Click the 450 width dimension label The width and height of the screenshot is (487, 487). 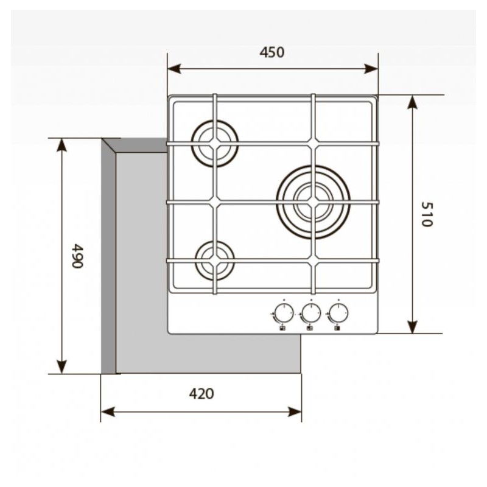272,52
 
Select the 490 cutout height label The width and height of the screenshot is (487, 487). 77,256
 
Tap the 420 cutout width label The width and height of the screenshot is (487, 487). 201,394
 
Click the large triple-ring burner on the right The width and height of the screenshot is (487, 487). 313,201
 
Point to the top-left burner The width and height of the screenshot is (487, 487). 214,144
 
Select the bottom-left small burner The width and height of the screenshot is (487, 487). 214,260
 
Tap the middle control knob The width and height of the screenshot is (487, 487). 311,314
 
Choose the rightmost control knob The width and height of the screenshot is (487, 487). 338,314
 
